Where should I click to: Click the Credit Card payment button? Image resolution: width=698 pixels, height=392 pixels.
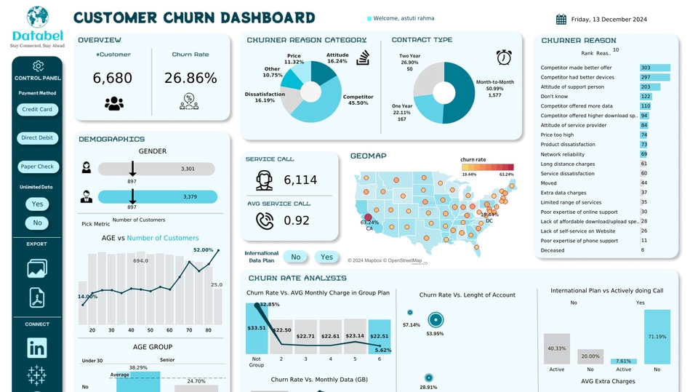tap(37, 110)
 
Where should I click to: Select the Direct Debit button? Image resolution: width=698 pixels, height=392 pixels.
tap(37, 137)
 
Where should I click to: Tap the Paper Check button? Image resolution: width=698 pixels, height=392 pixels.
tap(37, 167)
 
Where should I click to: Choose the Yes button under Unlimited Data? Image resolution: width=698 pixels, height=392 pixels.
tap(38, 204)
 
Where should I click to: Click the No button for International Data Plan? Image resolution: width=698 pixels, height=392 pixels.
tap(296, 257)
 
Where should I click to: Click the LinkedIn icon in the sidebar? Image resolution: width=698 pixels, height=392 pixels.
tap(37, 348)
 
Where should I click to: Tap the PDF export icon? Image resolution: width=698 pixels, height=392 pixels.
tap(37, 297)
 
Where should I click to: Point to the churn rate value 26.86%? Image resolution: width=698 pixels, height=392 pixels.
tap(190, 78)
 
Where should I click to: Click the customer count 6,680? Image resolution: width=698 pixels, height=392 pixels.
tap(113, 78)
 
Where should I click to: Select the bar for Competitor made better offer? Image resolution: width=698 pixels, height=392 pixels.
tap(654, 68)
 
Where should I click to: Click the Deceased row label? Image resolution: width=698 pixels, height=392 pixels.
tap(552, 250)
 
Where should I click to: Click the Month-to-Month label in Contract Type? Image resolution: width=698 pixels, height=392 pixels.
tap(494, 82)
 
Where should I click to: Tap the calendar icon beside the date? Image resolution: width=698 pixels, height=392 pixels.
tap(561, 20)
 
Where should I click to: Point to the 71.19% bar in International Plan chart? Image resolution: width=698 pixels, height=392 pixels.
tap(657, 337)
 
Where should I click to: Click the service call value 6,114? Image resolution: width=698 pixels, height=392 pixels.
tap(300, 180)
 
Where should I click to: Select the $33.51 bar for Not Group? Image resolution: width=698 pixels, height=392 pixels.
tap(256, 327)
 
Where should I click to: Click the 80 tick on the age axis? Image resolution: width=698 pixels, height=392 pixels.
tap(208, 330)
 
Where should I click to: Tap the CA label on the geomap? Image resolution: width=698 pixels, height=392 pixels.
tap(369, 228)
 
